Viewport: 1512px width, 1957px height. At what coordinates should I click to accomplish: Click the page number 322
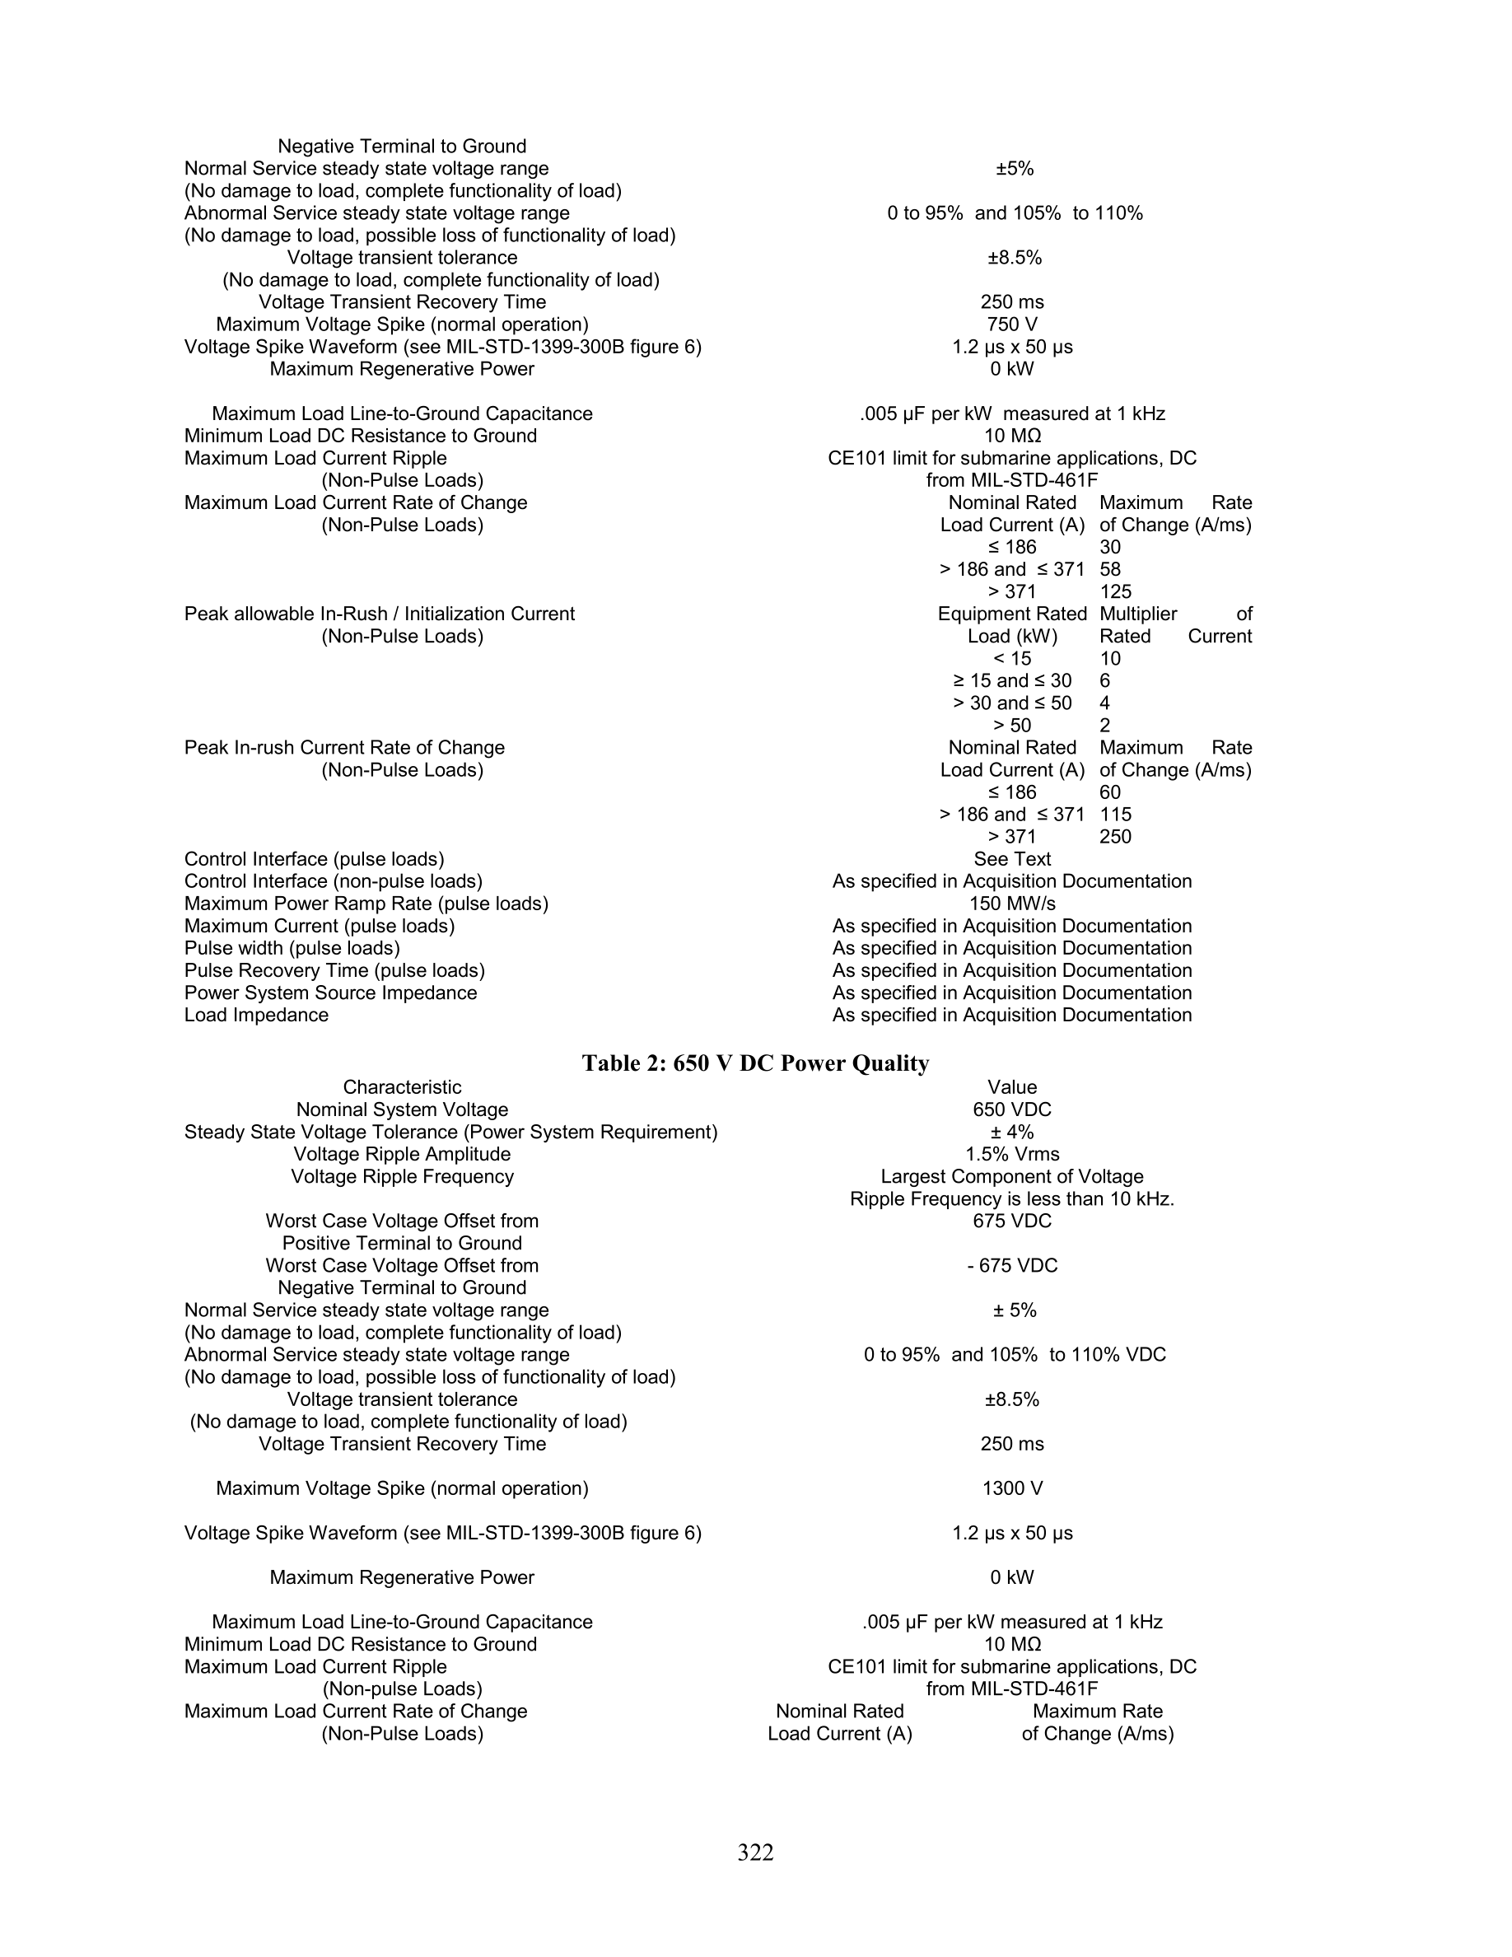pyautogui.click(x=755, y=1852)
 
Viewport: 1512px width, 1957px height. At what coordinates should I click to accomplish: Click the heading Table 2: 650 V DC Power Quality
pyautogui.click(x=755, y=1063)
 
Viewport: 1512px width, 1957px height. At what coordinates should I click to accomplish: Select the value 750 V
pyautogui.click(x=1012, y=325)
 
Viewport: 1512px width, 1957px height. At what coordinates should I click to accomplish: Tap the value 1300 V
pyautogui.click(x=1012, y=1488)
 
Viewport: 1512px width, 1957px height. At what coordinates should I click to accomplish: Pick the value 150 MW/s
pyautogui.click(x=1012, y=904)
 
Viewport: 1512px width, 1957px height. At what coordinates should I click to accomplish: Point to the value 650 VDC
pyautogui.click(x=1012, y=1109)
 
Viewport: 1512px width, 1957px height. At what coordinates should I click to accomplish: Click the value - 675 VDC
pyautogui.click(x=1012, y=1265)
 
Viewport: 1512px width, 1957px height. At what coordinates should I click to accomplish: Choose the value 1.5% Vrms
pyautogui.click(x=1012, y=1154)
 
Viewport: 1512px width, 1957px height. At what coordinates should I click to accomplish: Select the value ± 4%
pyautogui.click(x=1012, y=1132)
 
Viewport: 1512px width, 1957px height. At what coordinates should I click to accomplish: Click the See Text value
pyautogui.click(x=1012, y=859)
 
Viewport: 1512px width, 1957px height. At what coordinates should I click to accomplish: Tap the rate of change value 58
pyautogui.click(x=1110, y=569)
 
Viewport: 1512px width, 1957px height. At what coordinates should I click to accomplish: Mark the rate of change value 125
pyautogui.click(x=1115, y=591)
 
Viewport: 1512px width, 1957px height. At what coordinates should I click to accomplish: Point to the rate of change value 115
pyautogui.click(x=1115, y=815)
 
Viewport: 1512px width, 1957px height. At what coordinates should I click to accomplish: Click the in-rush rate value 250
pyautogui.click(x=1115, y=837)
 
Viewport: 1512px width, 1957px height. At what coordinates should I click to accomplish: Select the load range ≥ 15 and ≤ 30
pyautogui.click(x=1012, y=681)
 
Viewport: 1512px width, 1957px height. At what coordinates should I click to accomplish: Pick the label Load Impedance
pyautogui.click(x=256, y=1016)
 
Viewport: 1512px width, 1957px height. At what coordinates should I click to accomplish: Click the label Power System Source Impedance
pyautogui.click(x=330, y=993)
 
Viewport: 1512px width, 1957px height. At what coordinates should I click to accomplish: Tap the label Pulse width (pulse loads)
pyautogui.click(x=292, y=948)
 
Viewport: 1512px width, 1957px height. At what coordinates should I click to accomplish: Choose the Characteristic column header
pyautogui.click(x=402, y=1088)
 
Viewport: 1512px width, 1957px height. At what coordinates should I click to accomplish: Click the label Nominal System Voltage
pyautogui.click(x=402, y=1109)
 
